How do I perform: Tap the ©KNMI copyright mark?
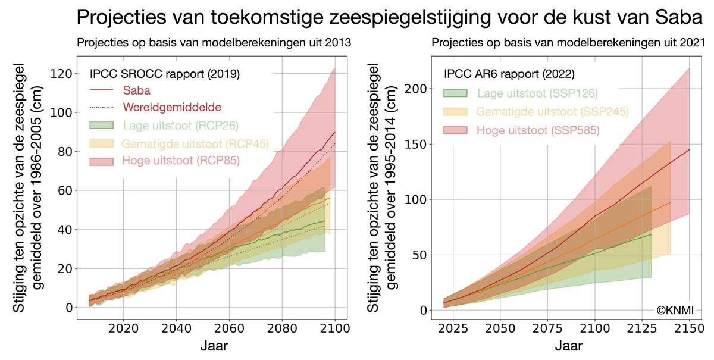[675, 309]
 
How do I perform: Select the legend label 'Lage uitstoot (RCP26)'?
[178, 125]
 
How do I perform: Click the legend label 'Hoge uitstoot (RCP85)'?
[181, 161]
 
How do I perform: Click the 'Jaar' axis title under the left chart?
[212, 346]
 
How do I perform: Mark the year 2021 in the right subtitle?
[693, 43]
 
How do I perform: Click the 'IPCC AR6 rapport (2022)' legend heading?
[509, 75]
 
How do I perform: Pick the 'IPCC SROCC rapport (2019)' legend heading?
[164, 74]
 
